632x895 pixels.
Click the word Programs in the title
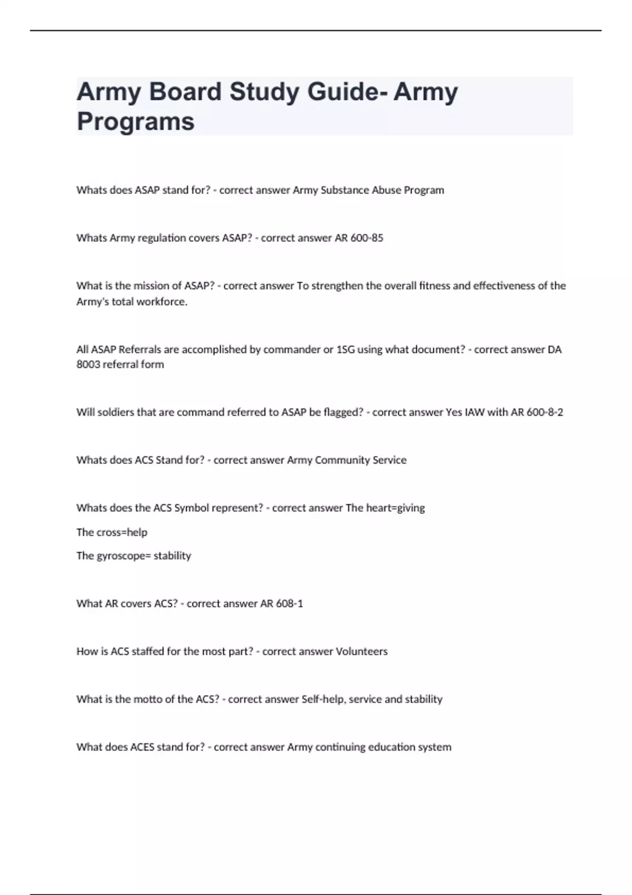[x=136, y=122]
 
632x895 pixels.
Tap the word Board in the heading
[x=185, y=92]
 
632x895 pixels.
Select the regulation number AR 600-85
[x=359, y=238]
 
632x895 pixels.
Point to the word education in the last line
[x=391, y=747]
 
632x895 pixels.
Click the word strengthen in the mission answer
[x=337, y=286]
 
